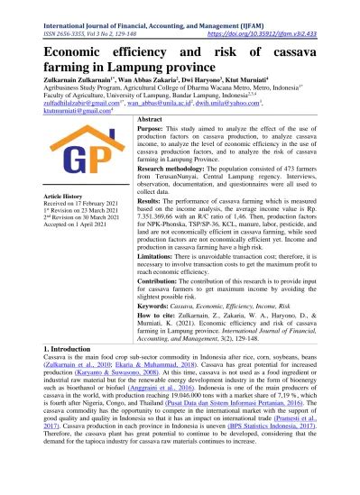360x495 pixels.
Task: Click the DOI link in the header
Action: pos(284,31)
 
